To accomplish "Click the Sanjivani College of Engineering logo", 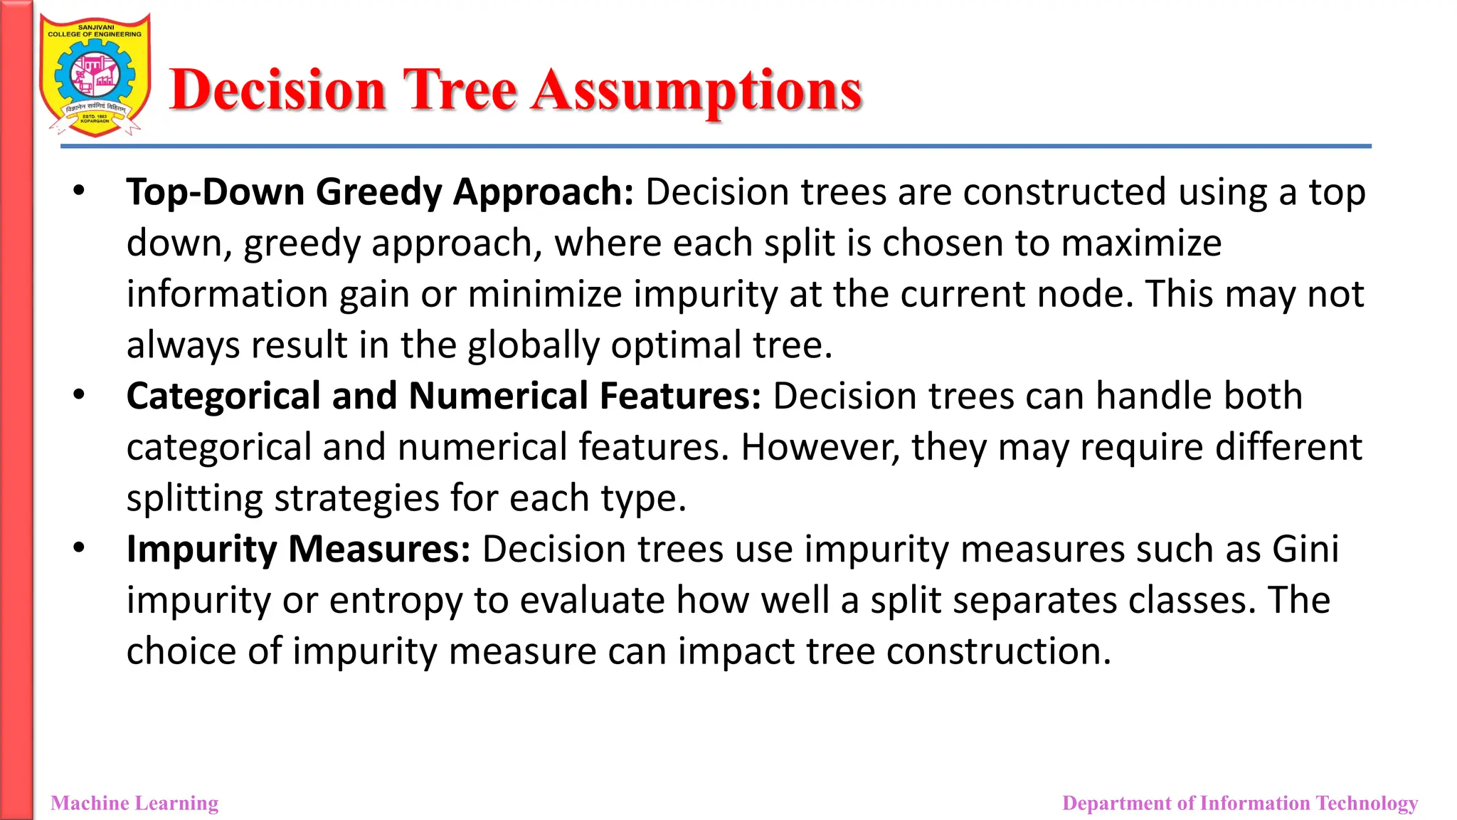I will pyautogui.click(x=95, y=75).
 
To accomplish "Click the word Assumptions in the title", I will pyautogui.click(x=698, y=91).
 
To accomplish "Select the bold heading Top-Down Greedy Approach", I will pyautogui.click(x=379, y=192).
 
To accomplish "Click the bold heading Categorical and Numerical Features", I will pyautogui.click(x=443, y=396).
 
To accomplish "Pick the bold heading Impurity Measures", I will pyautogui.click(x=298, y=549).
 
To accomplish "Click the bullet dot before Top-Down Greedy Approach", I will pyautogui.click(x=79, y=191).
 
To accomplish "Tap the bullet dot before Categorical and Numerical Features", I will pyautogui.click(x=79, y=394).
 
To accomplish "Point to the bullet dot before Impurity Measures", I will pyautogui.click(x=79, y=547).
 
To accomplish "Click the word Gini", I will pyautogui.click(x=1305, y=549).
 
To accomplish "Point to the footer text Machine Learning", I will pyautogui.click(x=134, y=803).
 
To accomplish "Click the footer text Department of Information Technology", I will pyautogui.click(x=1239, y=803).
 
